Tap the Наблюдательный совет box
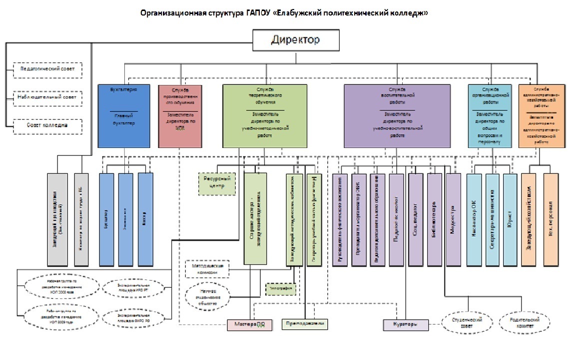point(47,97)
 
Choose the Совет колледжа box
point(47,125)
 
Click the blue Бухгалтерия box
point(123,116)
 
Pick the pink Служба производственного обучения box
point(179,116)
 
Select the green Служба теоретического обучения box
point(265,116)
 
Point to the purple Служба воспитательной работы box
point(397,116)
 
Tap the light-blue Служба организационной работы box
point(490,116)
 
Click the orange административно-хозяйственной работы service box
point(542,116)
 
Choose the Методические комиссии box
point(207,268)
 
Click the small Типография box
point(281,289)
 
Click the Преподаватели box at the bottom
point(305,324)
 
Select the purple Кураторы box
point(406,325)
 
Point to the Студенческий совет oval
point(466,322)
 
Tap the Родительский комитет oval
point(523,322)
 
